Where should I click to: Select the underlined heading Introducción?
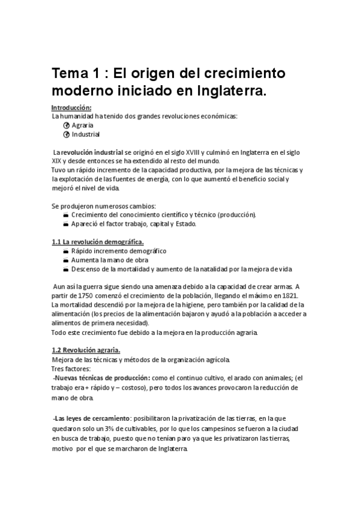[71, 107]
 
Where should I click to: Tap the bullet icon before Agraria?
[66, 125]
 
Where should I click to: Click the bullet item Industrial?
[86, 134]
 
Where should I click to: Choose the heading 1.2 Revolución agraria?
[86, 350]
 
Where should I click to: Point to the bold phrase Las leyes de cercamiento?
[92, 418]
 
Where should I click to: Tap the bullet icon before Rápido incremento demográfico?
[65, 251]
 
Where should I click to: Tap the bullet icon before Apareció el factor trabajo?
[65, 224]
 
